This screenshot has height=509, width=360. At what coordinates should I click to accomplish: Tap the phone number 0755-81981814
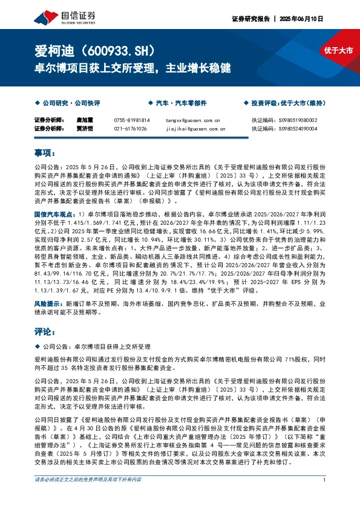pos(131,120)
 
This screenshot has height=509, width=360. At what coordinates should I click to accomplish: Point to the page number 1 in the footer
pos(325,497)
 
